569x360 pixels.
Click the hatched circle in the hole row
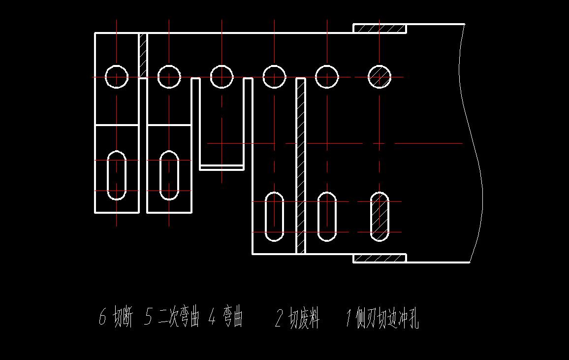[379, 77]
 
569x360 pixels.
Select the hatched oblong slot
[379, 217]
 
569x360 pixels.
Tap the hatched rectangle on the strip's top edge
[379, 29]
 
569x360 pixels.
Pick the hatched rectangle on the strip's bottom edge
[379, 258]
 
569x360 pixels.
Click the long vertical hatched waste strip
[301, 165]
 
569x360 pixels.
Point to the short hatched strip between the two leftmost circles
[143, 55]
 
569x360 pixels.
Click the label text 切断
[123, 319]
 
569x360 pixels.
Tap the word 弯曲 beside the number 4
[232, 319]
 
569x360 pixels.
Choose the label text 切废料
[304, 320]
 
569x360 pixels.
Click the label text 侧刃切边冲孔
[389, 320]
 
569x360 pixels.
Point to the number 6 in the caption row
[102, 319]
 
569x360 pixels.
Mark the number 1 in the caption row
[348, 320]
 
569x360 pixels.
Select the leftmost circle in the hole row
[117, 77]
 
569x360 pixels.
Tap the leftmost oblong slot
[117, 175]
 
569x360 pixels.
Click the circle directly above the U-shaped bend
[221, 77]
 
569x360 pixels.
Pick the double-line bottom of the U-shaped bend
[221, 167]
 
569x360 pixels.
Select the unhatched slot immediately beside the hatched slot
[326, 217]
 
